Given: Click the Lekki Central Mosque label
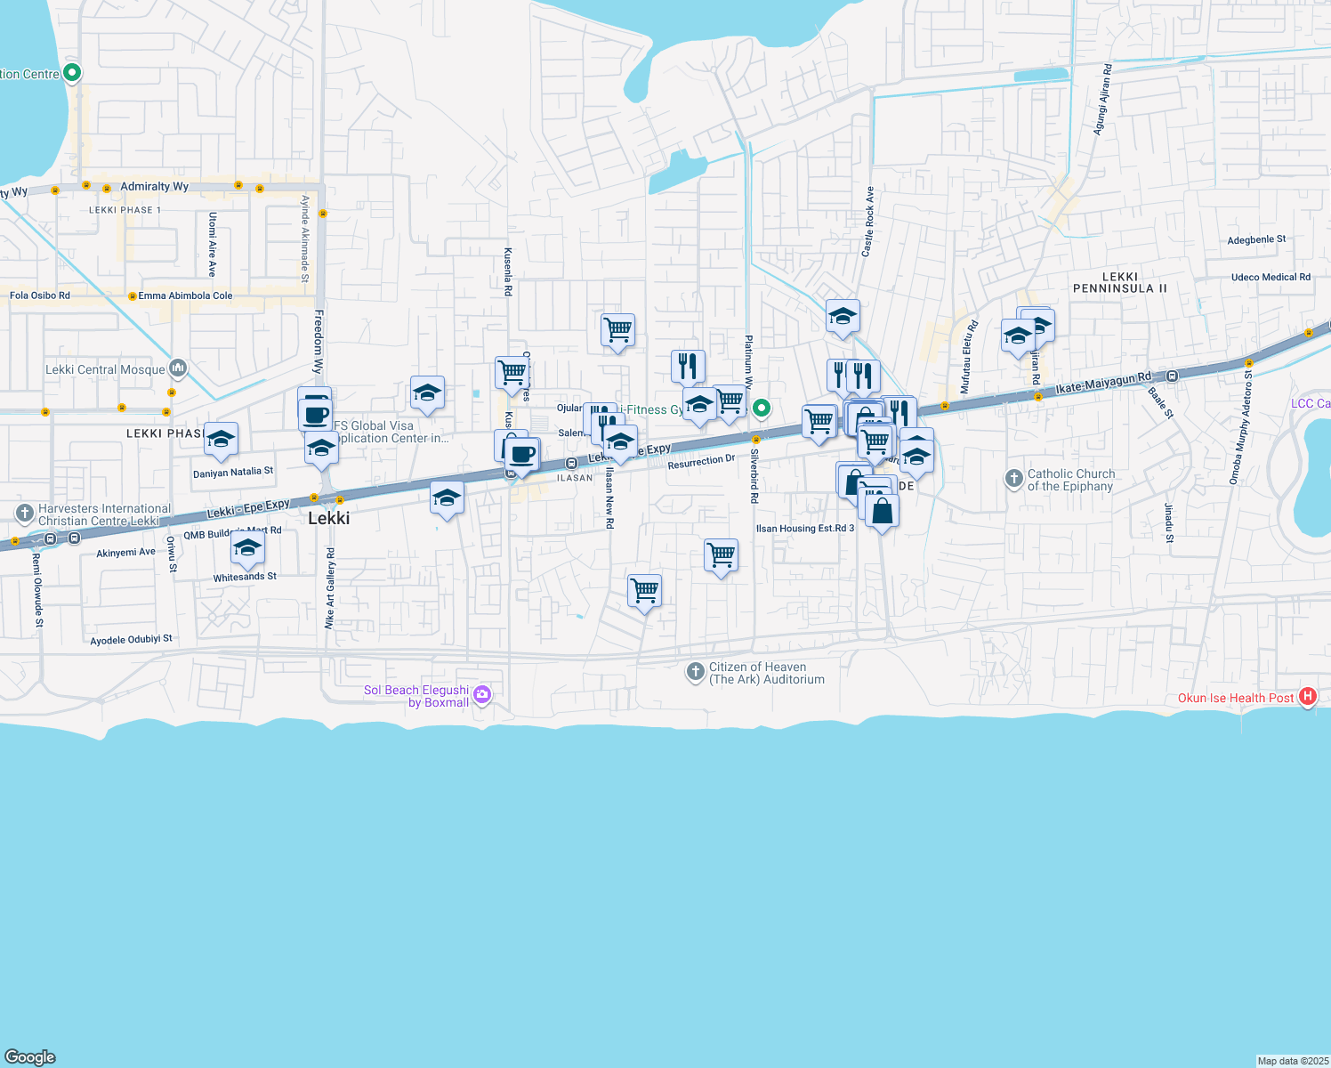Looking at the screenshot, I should point(105,369).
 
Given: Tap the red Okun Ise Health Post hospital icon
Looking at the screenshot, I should point(1307,697).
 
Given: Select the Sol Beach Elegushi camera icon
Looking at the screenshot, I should point(482,695).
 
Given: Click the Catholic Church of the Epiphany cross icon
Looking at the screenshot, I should point(1013,479).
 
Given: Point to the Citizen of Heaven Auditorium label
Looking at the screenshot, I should point(766,673).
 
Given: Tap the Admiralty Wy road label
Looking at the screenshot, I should point(154,186).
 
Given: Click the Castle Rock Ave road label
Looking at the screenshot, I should point(867,222).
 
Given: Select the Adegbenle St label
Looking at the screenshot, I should point(1256,239).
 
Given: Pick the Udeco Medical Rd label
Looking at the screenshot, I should point(1270,277).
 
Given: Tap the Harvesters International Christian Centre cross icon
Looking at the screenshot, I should point(24,514).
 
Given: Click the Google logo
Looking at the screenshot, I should point(30,1056).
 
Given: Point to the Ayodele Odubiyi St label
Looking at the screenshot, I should point(131,639).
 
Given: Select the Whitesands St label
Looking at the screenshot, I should point(245,577).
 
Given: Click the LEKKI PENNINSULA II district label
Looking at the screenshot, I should point(1119,282).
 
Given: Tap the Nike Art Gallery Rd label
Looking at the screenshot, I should point(330,588).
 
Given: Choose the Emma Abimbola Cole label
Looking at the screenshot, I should point(185,295).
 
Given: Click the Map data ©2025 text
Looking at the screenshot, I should point(1293,1060).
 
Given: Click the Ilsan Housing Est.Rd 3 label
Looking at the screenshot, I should point(804,528).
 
